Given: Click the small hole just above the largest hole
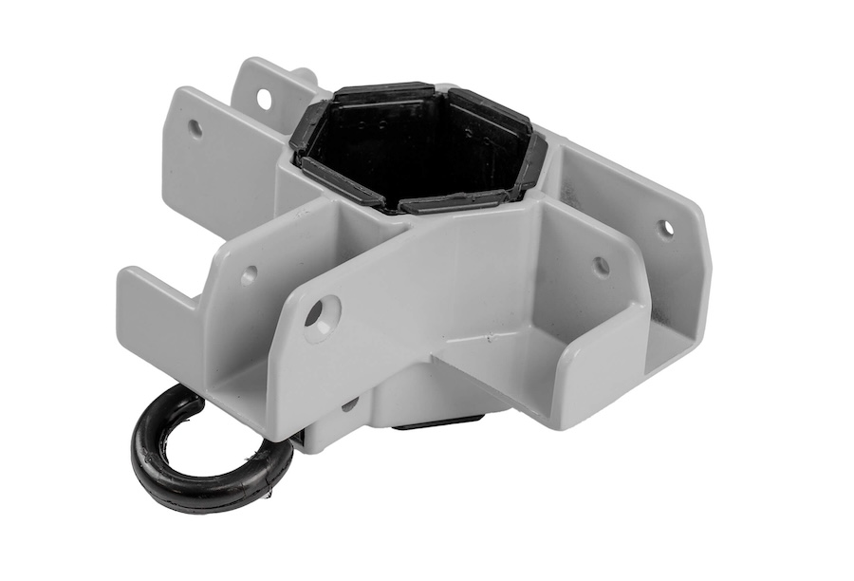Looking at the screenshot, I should (x=249, y=275).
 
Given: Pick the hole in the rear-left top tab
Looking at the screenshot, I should (x=264, y=98).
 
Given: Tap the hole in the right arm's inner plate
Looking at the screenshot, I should (x=601, y=266).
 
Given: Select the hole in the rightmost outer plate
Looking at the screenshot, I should (x=666, y=228).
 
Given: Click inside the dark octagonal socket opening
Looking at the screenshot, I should (x=418, y=152).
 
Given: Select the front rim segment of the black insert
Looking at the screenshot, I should (x=446, y=202).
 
